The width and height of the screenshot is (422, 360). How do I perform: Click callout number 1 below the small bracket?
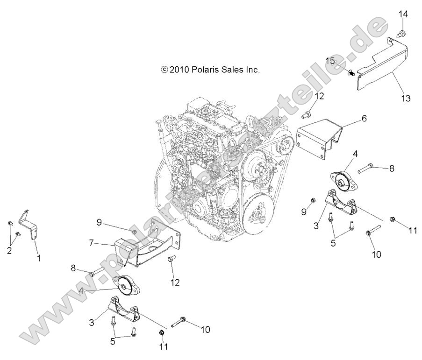coord(38,258)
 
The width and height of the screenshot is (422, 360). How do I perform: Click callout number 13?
coord(405,99)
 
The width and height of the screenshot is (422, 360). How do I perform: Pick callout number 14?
coord(403,14)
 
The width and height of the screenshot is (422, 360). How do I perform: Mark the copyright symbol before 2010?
coord(164,70)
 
